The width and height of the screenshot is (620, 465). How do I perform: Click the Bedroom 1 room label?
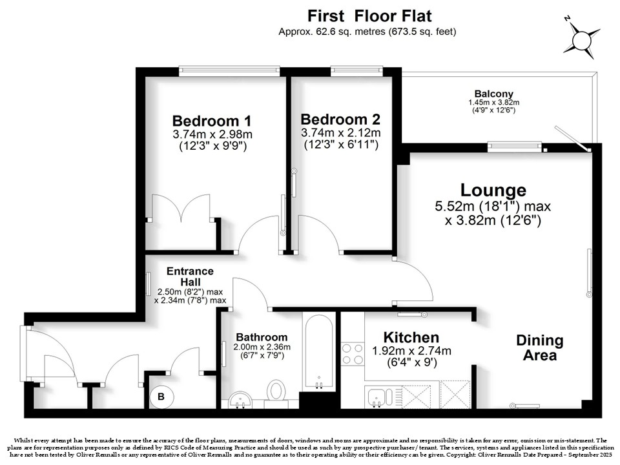[x=212, y=121]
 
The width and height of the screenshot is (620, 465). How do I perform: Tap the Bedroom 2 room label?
[x=340, y=119]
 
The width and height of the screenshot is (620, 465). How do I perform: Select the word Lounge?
[x=493, y=190]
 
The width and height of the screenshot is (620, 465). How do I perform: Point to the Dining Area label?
[x=540, y=347]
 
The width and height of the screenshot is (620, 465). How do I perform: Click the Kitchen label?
[x=411, y=337]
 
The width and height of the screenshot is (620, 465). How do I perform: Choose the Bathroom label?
[x=262, y=337]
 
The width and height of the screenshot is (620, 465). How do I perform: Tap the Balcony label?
[x=494, y=94]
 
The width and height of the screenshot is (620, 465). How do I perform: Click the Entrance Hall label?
[x=190, y=276]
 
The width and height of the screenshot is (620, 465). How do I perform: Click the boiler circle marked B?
[x=161, y=397]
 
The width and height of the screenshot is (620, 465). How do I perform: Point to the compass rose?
[x=581, y=39]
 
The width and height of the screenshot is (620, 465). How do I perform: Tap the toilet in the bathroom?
[x=276, y=391]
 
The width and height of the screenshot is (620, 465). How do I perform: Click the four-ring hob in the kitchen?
[x=353, y=355]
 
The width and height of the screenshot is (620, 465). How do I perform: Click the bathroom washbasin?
[x=240, y=400]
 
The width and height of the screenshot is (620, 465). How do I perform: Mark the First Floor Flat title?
[x=369, y=16]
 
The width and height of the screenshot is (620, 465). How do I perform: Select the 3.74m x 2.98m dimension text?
[x=212, y=134]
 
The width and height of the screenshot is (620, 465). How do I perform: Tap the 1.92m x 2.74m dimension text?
[x=411, y=351]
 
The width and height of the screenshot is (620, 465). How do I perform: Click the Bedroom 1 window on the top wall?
[x=229, y=70]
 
